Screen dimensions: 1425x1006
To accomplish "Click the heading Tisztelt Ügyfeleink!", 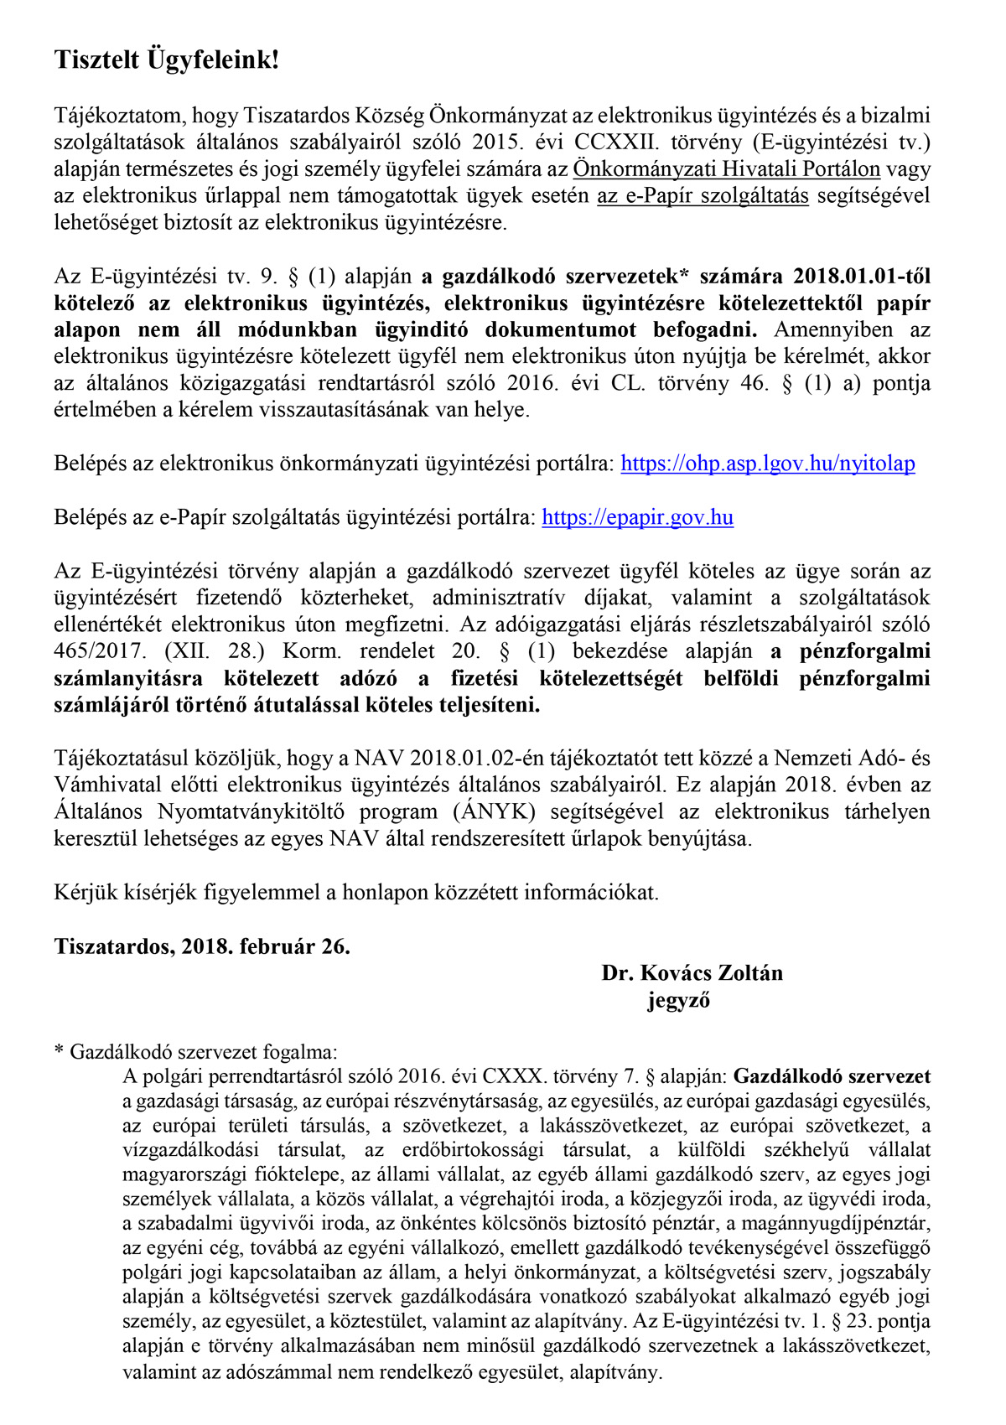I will [166, 60].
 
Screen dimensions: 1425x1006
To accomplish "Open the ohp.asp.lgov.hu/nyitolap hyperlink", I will [767, 464].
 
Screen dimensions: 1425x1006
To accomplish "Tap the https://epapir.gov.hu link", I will [637, 517].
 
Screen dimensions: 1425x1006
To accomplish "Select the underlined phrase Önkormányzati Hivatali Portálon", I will [726, 169].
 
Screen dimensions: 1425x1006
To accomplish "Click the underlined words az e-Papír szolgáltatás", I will [703, 196].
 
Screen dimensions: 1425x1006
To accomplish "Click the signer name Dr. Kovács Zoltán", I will [692, 973].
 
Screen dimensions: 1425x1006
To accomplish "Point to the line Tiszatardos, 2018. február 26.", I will [202, 946].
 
